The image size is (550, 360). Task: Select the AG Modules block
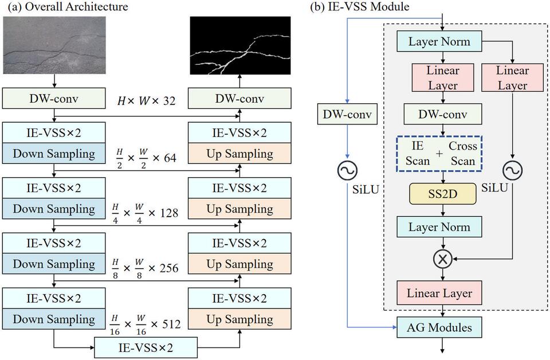(x=439, y=328)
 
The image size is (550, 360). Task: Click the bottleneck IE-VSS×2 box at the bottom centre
(x=146, y=347)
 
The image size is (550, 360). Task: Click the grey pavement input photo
(x=54, y=45)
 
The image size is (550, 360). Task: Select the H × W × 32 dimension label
(x=147, y=101)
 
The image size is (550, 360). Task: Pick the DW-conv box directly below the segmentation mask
(x=239, y=99)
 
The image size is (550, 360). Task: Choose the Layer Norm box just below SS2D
(x=439, y=227)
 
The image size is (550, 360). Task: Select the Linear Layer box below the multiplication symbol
(x=439, y=293)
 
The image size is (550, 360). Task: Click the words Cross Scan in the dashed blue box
(x=463, y=153)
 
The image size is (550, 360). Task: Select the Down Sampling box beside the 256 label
(x=54, y=264)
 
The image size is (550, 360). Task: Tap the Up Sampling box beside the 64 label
(x=239, y=154)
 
